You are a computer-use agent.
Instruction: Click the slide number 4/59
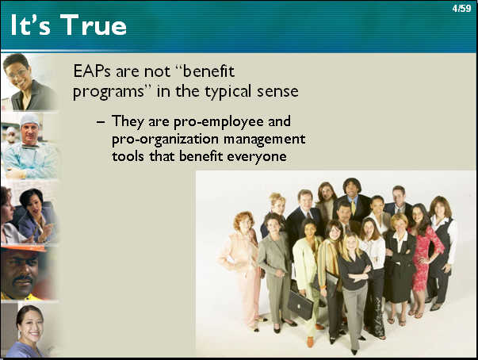(461, 8)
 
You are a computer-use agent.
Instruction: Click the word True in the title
(94, 25)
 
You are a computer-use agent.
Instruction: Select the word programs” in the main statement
(109, 92)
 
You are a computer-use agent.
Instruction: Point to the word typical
(228, 91)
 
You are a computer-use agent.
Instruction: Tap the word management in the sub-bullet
(265, 140)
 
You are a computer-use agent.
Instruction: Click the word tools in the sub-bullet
(128, 156)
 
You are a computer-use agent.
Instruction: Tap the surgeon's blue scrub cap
(30, 119)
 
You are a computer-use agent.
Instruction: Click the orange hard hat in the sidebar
(24, 248)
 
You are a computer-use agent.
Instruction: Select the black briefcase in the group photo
(300, 304)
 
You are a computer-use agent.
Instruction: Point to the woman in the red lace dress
(425, 257)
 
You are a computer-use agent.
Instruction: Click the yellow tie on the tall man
(354, 207)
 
